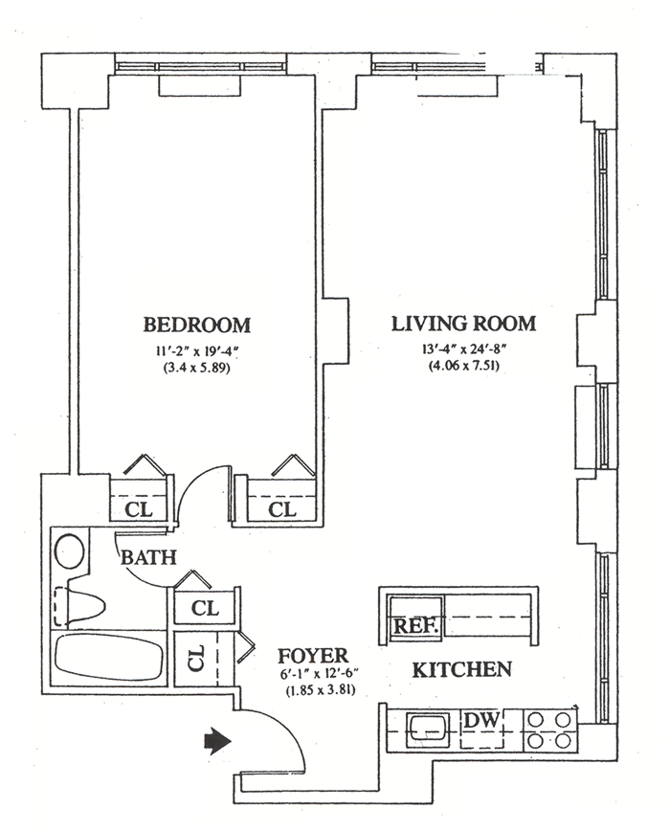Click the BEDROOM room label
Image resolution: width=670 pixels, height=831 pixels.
[x=197, y=325]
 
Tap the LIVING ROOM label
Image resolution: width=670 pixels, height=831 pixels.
[x=463, y=324]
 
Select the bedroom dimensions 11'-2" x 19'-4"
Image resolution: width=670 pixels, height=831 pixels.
[x=197, y=350]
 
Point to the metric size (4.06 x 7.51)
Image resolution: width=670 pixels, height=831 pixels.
[x=463, y=366]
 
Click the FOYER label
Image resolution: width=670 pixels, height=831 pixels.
[x=313, y=656]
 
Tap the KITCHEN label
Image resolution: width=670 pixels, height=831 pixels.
[x=462, y=669]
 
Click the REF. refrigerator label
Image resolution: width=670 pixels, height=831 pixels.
[x=415, y=626]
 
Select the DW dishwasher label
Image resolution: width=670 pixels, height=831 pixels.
[x=481, y=720]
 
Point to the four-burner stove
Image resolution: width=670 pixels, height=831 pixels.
[x=550, y=730]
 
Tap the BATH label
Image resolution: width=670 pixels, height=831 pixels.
[x=148, y=557]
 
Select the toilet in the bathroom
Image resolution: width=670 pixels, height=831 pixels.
[x=79, y=606]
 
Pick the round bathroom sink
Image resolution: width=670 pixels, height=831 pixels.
[x=70, y=551]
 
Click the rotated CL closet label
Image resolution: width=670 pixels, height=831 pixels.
[x=196, y=657]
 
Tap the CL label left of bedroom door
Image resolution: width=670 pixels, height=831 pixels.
[x=139, y=509]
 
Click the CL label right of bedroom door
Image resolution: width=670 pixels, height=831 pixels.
[x=281, y=509]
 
